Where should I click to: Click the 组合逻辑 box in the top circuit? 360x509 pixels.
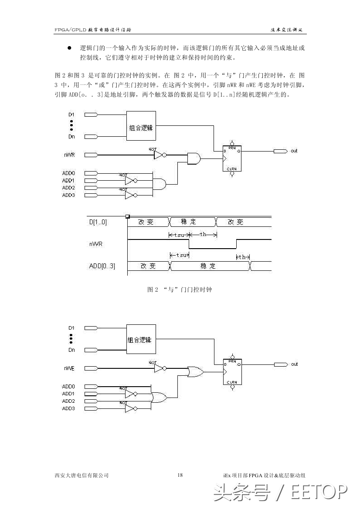(x=141, y=128)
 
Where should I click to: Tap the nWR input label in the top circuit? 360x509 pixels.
(x=68, y=155)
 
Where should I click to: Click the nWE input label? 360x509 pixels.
(x=68, y=368)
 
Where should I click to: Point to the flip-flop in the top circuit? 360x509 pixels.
(x=232, y=158)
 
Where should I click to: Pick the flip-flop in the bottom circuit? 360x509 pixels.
(x=232, y=371)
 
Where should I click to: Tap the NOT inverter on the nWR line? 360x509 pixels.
(x=159, y=155)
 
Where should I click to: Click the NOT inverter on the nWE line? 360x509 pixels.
(x=159, y=368)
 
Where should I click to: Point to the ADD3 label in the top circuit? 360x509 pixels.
(x=68, y=195)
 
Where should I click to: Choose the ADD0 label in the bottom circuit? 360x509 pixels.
(x=68, y=386)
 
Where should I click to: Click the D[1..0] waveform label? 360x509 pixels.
(x=98, y=222)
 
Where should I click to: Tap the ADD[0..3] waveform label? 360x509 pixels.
(x=102, y=266)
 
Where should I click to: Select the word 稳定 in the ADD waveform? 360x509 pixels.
(x=208, y=266)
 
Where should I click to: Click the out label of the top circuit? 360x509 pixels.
(x=294, y=151)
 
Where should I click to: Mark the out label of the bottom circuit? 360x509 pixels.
(x=294, y=364)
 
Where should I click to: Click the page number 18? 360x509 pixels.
(x=180, y=475)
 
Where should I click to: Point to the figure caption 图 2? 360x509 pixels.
(x=180, y=290)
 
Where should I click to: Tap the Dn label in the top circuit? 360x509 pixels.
(x=71, y=137)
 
